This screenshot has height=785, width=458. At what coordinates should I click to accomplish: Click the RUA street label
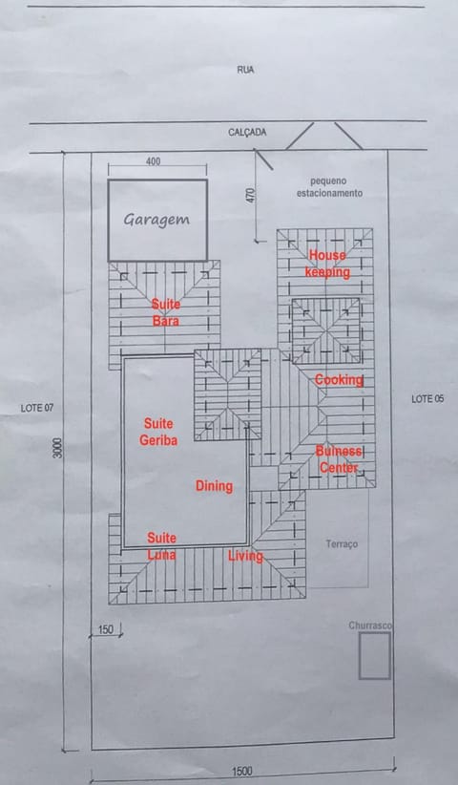[x=245, y=70]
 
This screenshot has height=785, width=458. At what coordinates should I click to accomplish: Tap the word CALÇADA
[x=247, y=132]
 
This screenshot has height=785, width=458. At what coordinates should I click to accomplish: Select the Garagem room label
[x=156, y=220]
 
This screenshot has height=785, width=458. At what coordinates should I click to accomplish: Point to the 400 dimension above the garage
[x=153, y=161]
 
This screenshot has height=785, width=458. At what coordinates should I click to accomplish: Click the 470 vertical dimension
[x=251, y=195]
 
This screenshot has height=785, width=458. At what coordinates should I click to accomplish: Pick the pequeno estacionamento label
[x=329, y=187]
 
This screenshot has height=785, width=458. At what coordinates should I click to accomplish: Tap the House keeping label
[x=327, y=264]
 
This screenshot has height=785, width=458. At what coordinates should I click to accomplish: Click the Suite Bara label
[x=166, y=312]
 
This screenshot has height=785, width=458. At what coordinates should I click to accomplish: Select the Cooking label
[x=339, y=380]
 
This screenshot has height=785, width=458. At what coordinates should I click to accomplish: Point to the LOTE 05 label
[x=427, y=399]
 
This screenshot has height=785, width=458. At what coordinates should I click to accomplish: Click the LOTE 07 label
[x=37, y=408]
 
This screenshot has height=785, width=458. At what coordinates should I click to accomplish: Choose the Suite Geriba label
[x=158, y=432]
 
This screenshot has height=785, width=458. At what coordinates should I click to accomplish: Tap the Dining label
[x=214, y=486]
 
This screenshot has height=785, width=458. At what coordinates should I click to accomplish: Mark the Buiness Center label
[x=339, y=459]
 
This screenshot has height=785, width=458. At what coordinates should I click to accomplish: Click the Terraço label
[x=342, y=543]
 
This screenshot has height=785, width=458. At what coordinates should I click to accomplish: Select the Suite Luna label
[x=161, y=546]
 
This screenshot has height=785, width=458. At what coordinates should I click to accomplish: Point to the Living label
[x=245, y=556]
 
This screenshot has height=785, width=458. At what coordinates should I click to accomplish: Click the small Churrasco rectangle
[x=374, y=655]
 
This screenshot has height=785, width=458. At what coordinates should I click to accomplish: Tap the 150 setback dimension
[x=106, y=629]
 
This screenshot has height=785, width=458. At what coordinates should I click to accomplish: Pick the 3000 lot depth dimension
[x=58, y=448]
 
